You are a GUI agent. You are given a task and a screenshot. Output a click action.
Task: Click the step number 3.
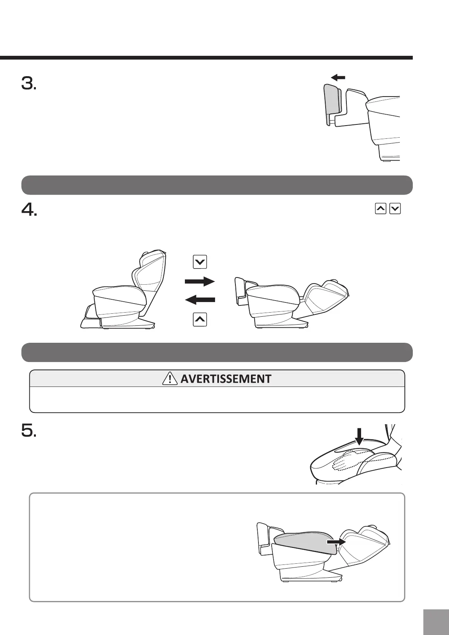click(29, 83)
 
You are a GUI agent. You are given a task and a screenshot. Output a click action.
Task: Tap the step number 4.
click(29, 210)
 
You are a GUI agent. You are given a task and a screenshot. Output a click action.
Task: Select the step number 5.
click(29, 430)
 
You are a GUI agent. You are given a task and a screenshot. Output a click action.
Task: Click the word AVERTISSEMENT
click(226, 379)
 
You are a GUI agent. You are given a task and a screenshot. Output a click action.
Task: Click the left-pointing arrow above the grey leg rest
click(338, 78)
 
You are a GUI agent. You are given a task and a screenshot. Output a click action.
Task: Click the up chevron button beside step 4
click(381, 209)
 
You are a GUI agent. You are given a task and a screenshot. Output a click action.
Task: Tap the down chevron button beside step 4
click(395, 209)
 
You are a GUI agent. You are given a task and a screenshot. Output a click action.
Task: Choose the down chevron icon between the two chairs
click(200, 262)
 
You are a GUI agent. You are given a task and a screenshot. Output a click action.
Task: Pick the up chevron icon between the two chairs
click(200, 320)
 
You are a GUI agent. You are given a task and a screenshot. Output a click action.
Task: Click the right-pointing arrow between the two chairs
click(200, 281)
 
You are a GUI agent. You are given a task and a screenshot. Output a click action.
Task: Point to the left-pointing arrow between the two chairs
click(200, 300)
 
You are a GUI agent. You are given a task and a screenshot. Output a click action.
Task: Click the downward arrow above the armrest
click(359, 436)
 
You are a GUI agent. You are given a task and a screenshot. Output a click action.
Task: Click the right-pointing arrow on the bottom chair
click(336, 541)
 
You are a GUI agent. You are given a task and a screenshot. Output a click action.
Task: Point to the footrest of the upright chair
click(91, 319)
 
